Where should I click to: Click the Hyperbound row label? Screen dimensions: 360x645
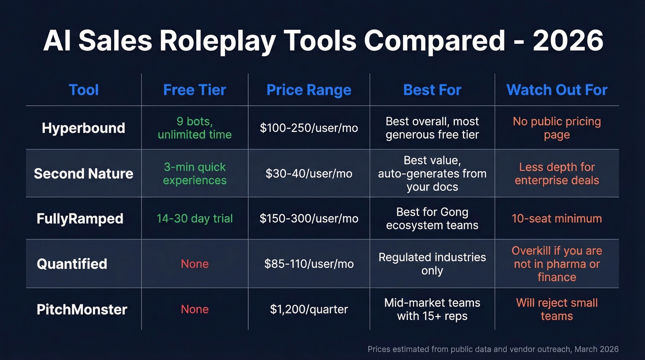[x=83, y=128]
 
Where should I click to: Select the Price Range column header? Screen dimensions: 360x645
[x=309, y=90]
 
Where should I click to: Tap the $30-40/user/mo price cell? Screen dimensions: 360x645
[x=309, y=173]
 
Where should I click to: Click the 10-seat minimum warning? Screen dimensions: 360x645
[x=557, y=218]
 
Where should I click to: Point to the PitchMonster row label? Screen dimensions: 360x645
[x=82, y=309]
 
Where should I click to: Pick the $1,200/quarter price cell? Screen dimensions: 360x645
[x=309, y=309]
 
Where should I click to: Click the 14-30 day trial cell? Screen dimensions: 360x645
[x=194, y=218]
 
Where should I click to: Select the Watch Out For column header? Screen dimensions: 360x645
[x=557, y=90]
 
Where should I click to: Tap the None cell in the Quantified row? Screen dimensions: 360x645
[x=194, y=264]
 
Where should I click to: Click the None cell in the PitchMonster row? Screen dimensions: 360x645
[x=194, y=309]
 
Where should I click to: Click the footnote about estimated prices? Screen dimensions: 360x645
[x=493, y=349]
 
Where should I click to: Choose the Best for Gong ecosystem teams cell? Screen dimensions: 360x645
[x=432, y=218]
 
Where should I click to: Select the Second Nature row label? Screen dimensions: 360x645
[x=83, y=173]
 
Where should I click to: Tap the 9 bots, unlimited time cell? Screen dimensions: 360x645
[x=194, y=128]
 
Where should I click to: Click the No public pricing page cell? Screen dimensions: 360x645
[x=557, y=128]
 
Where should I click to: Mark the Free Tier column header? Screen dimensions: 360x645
[x=194, y=90]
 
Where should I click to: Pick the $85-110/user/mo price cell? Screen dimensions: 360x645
[x=309, y=264]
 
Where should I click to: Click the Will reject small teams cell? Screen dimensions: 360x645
[x=557, y=309]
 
